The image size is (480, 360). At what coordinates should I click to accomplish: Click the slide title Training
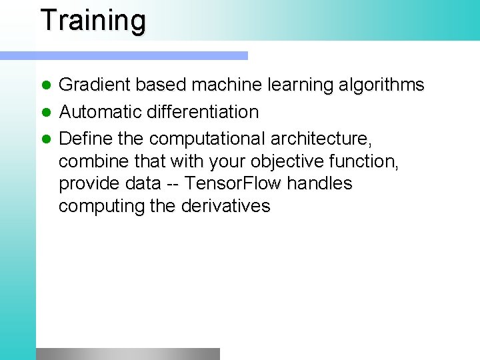[93, 21]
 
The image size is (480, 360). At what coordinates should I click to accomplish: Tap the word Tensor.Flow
[233, 183]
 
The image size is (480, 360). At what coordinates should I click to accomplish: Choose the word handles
[319, 183]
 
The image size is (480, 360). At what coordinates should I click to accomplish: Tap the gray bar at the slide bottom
[127, 353]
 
